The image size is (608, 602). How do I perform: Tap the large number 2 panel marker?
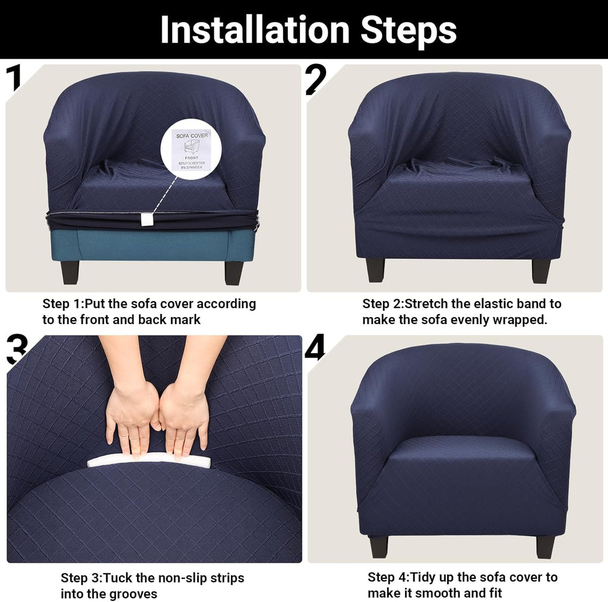[x=316, y=80]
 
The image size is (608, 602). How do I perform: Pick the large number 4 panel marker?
[x=315, y=348]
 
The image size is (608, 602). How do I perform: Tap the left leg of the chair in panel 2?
[x=375, y=270]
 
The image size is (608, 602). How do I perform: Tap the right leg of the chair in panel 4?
[x=544, y=546]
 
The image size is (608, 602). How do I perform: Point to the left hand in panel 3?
[x=131, y=416]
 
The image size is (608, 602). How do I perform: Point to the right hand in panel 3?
[x=184, y=416]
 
